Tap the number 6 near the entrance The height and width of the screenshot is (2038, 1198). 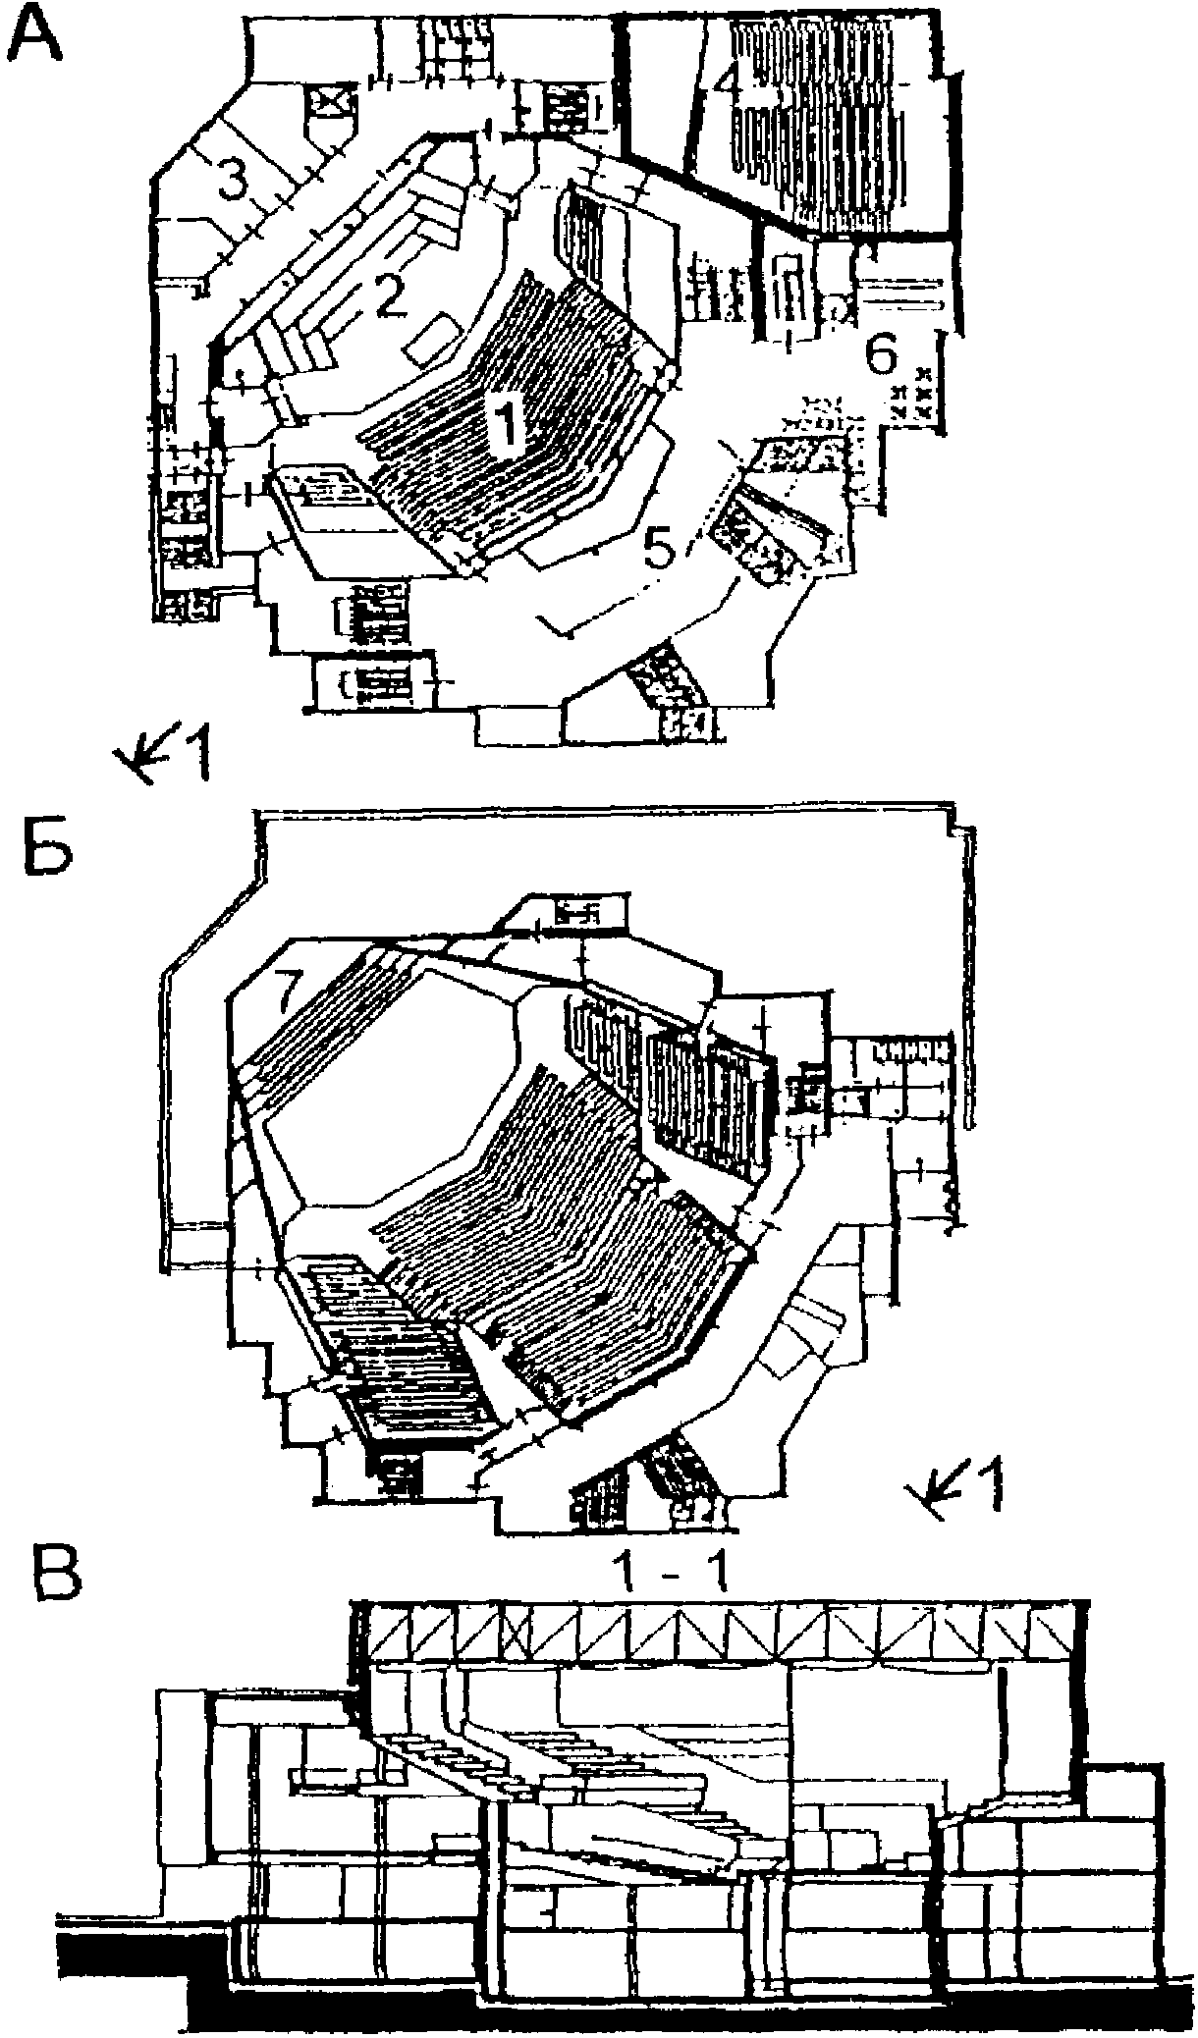click(880, 355)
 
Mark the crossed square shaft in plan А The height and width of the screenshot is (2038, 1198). click(332, 103)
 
